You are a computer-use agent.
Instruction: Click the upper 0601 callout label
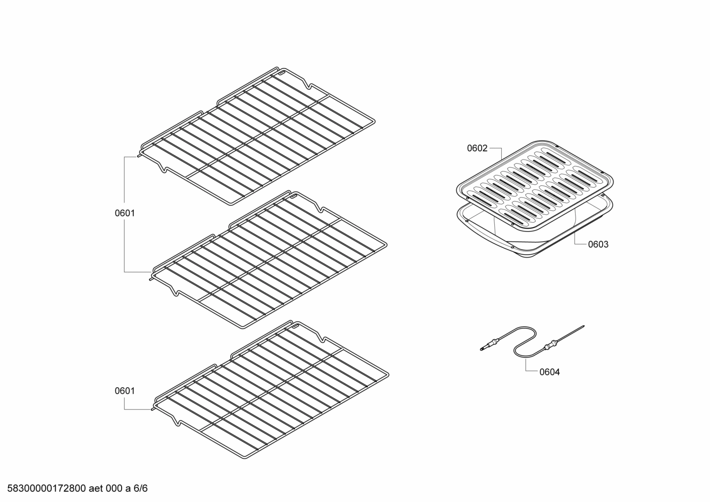tap(125, 213)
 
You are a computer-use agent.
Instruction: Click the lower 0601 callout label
tap(125, 391)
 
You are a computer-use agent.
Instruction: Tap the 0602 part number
tap(477, 148)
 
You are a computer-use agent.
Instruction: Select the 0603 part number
tap(598, 244)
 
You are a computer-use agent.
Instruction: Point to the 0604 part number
tap(549, 372)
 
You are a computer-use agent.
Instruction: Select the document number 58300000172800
tap(44, 489)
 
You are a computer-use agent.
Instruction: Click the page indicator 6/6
tap(141, 489)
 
